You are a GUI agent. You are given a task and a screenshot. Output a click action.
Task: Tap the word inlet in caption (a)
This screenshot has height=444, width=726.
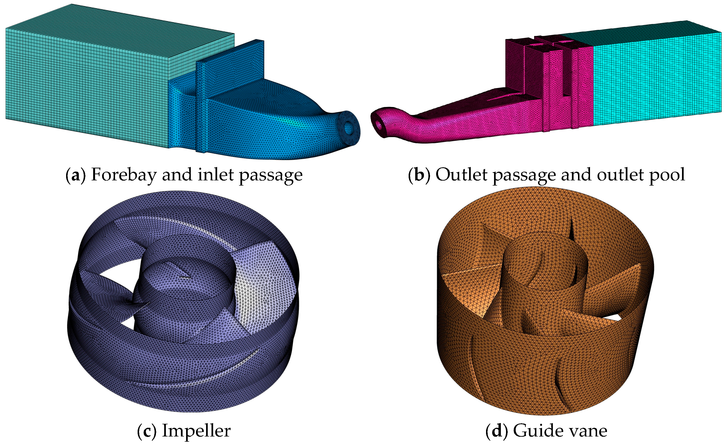(216, 175)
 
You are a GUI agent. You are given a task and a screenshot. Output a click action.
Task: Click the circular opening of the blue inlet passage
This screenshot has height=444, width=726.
(349, 127)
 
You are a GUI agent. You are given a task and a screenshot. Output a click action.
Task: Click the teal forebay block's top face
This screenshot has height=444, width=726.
(118, 35)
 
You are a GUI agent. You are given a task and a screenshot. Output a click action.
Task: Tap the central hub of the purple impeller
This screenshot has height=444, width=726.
(184, 277)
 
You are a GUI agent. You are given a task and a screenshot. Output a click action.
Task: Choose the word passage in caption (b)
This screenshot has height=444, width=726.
(524, 176)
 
